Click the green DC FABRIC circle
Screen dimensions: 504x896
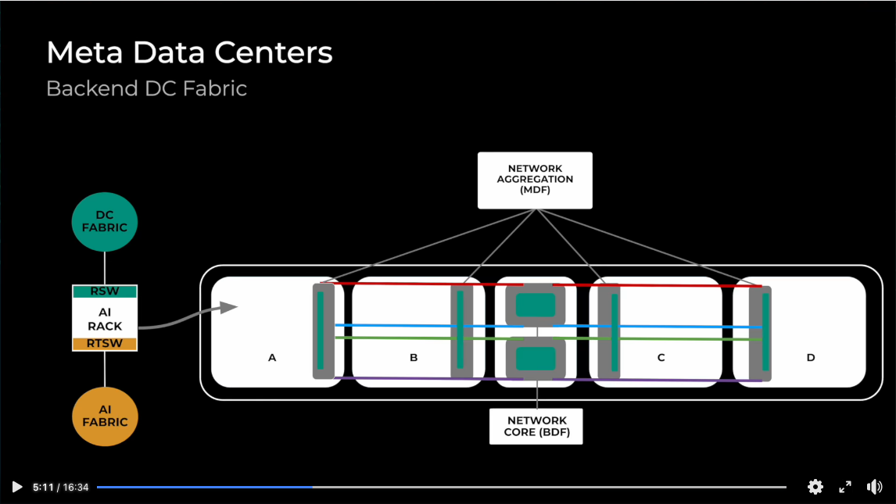105,222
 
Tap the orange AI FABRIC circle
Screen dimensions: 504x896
105,416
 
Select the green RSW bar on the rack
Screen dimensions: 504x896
105,291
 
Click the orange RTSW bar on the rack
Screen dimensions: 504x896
105,344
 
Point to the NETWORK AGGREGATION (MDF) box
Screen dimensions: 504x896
535,180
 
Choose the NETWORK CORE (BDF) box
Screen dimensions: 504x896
536,426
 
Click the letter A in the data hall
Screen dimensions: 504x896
272,358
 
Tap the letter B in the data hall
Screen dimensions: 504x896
414,358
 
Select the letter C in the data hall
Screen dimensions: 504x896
661,358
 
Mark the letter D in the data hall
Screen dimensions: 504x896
811,358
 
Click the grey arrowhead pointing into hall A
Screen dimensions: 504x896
228,307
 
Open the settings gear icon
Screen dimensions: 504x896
815,487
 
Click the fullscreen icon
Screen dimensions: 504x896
845,487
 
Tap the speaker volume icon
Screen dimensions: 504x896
874,487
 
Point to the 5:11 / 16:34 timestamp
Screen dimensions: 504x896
61,487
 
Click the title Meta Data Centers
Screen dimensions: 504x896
189,53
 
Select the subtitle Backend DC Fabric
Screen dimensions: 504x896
146,88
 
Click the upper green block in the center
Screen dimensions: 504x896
536,304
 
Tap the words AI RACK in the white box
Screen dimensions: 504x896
105,318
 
